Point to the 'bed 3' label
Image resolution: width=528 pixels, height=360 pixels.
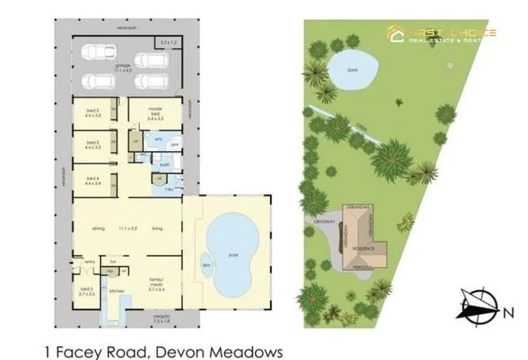click(x=92, y=144)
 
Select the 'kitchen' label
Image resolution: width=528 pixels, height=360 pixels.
click(x=116, y=289)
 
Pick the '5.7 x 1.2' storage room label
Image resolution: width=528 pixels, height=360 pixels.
click(x=168, y=42)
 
